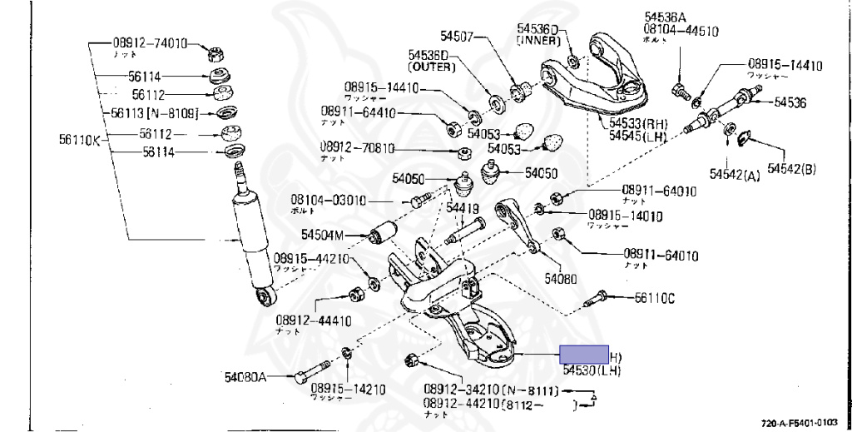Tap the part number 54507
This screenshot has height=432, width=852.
(x=457, y=36)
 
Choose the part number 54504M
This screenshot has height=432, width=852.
(x=323, y=234)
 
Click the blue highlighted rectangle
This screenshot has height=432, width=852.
(x=584, y=355)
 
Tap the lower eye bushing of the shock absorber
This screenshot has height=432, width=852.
(x=266, y=297)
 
